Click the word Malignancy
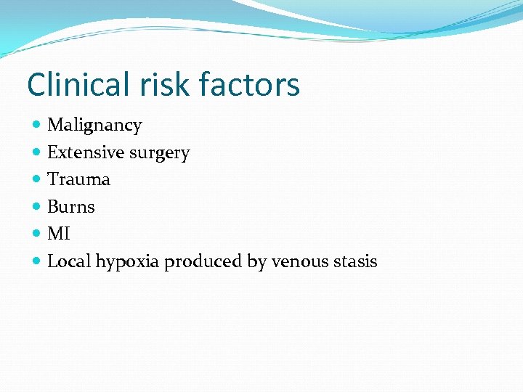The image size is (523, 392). [94, 126]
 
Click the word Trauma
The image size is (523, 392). [78, 179]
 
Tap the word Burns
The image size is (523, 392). [71, 207]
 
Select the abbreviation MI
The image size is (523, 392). [59, 234]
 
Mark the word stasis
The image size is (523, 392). [354, 261]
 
